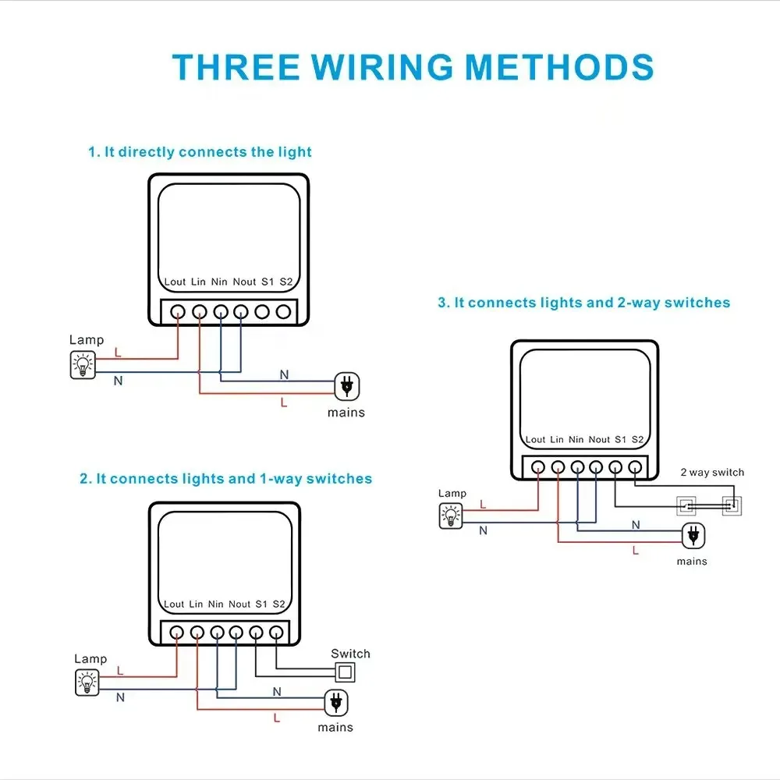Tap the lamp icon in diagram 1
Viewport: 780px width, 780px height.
tap(83, 365)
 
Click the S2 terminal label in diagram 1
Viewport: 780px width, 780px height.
tap(285, 282)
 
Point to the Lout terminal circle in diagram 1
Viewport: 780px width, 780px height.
tap(179, 312)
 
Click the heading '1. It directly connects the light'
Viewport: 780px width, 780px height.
tap(200, 152)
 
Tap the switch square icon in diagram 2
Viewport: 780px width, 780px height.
tap(343, 673)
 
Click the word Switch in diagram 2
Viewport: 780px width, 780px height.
tap(350, 654)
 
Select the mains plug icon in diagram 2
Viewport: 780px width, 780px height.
tap(335, 702)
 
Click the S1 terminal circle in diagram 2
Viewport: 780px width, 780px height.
tap(256, 633)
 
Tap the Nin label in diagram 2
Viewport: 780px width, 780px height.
tap(216, 604)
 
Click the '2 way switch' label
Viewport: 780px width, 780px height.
tap(712, 473)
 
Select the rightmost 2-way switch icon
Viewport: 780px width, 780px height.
tap(731, 505)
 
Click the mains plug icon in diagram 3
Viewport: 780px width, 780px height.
tap(691, 535)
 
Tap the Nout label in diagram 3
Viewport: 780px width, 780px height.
tap(599, 440)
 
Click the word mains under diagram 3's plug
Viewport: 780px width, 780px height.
tap(692, 562)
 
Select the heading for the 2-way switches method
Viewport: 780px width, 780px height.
tap(583, 303)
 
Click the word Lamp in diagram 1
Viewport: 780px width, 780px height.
tap(87, 340)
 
